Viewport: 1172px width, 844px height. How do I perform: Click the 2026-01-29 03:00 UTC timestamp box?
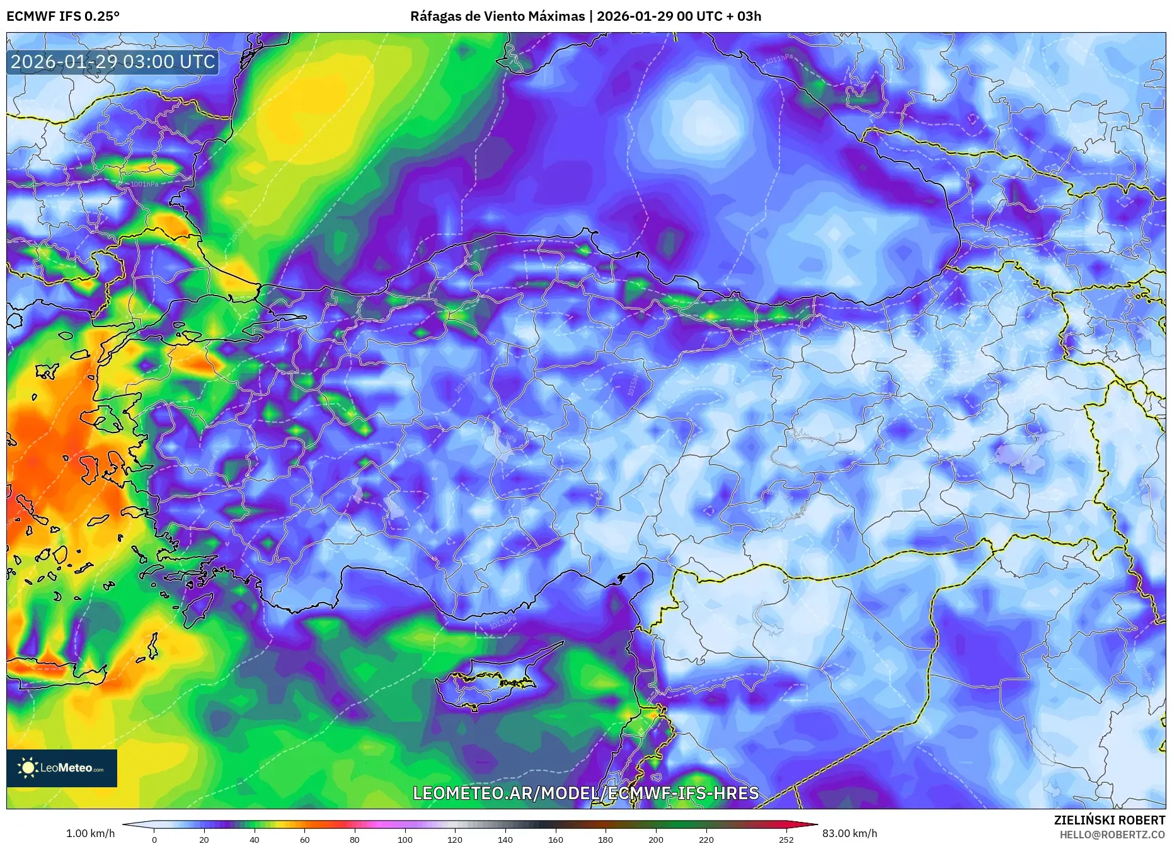tap(113, 62)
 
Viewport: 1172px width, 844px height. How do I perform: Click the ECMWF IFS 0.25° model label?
tap(63, 16)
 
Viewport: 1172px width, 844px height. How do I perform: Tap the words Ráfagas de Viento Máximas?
tap(497, 16)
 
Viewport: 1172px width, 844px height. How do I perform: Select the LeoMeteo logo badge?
tap(62, 768)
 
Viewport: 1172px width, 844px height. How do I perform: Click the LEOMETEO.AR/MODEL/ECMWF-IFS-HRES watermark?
tap(585, 793)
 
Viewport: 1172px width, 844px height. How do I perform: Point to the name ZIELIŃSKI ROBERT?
tap(1109, 820)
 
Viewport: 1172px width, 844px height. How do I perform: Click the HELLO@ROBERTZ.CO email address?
tap(1112, 835)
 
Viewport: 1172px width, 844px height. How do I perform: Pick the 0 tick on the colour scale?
tap(154, 839)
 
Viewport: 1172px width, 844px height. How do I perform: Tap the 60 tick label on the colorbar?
tap(305, 839)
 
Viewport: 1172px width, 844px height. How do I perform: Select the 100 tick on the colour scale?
tap(405, 839)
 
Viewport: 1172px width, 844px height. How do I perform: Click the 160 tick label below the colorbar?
tap(556, 839)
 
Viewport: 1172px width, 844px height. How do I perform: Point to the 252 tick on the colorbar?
tap(786, 839)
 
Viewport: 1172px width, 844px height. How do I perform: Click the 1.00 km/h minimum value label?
tap(91, 833)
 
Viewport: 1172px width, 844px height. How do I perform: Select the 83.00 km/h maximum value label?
tap(849, 833)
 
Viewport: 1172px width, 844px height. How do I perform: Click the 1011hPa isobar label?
tap(779, 59)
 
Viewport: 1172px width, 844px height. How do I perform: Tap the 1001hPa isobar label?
tap(144, 184)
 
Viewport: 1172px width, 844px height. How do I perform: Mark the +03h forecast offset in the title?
tap(749, 16)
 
